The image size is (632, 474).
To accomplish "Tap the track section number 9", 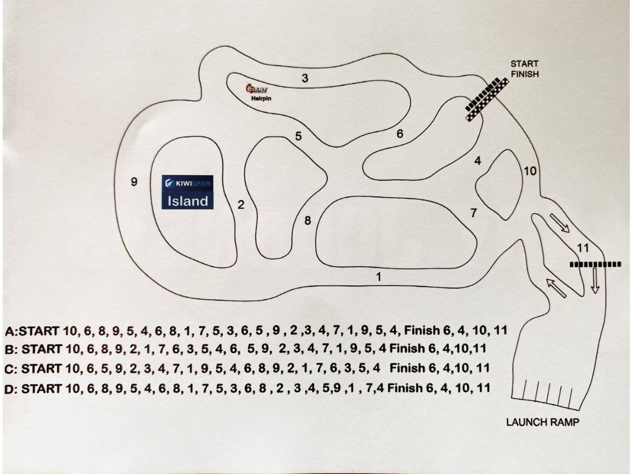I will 134,182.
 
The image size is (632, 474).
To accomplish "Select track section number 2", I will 241,205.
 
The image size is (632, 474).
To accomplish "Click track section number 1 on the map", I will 378,276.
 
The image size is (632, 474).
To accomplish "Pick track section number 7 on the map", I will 473,213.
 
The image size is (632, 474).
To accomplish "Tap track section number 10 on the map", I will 530,171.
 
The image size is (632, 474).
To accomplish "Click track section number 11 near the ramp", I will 582,248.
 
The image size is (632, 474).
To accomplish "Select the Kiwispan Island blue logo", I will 187,192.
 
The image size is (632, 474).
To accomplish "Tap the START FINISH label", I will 525,69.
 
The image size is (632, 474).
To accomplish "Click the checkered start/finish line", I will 488,100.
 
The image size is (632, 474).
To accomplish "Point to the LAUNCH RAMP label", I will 543,422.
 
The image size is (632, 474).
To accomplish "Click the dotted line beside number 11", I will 595,264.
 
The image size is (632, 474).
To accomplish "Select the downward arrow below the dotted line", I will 596,280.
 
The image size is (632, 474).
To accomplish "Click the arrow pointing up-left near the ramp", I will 557,288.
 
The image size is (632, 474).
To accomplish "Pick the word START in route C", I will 41,368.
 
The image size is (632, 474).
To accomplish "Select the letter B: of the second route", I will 11,349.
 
